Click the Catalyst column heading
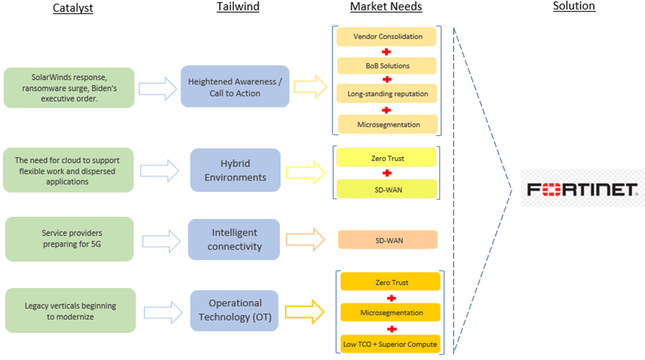(73, 8)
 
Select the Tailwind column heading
(238, 6)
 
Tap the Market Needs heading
(386, 6)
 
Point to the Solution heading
(574, 6)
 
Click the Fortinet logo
(583, 189)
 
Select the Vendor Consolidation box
(386, 37)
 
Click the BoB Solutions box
(386, 66)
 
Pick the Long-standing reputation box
(386, 94)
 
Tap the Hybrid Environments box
(235, 170)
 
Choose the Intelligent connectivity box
(234, 240)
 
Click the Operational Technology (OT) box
(234, 311)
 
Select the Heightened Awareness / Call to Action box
(235, 87)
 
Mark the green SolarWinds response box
(69, 88)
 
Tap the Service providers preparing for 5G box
(69, 239)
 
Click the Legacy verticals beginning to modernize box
(71, 311)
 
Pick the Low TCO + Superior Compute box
(390, 344)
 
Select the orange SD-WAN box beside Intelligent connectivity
(388, 240)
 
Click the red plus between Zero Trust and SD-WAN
(386, 173)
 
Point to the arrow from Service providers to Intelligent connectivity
(161, 241)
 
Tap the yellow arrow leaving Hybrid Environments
(305, 173)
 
